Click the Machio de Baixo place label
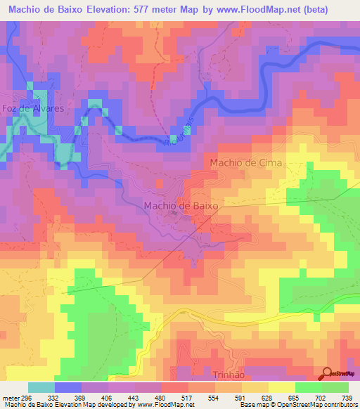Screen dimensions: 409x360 click(181, 206)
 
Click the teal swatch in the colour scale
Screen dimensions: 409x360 click(41, 387)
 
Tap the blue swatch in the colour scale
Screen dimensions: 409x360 click(68, 387)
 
